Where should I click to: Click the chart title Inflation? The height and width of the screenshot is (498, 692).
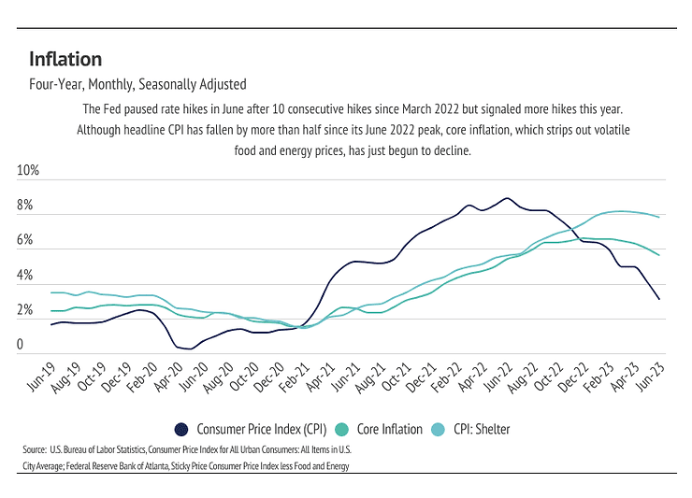click(x=65, y=59)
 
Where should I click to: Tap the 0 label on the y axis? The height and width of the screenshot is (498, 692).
click(x=20, y=346)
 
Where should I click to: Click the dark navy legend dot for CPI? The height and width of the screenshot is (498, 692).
click(x=183, y=430)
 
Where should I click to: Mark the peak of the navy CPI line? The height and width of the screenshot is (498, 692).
click(x=506, y=198)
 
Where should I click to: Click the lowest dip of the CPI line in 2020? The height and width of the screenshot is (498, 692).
click(x=190, y=349)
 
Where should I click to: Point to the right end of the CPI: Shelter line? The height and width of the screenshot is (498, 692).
click(x=661, y=217)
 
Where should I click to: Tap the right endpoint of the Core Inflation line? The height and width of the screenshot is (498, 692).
click(x=661, y=255)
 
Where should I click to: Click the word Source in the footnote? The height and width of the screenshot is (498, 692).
click(x=36, y=450)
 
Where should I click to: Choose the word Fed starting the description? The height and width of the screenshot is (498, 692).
click(x=108, y=109)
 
